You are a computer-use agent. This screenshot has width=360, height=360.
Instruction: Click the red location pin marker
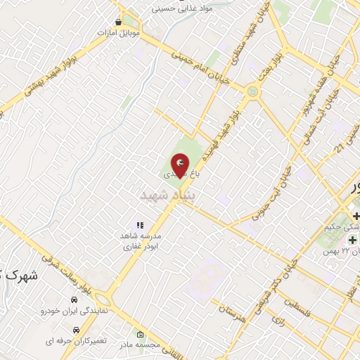[180, 164]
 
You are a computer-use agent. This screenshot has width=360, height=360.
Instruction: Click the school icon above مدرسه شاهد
[139, 225]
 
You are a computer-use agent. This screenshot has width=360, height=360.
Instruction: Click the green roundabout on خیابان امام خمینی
[252, 91]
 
